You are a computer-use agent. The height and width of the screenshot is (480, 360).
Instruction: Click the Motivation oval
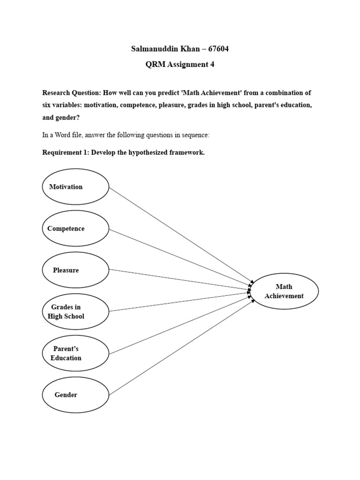point(75,187)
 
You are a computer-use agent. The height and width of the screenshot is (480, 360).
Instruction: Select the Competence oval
point(75,228)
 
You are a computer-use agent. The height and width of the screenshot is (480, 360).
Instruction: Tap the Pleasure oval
point(75,270)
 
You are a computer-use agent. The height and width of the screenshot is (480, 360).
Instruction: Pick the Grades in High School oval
point(75,311)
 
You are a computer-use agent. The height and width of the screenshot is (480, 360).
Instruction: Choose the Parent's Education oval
point(75,353)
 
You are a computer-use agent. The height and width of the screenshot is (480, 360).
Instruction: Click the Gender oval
point(75,395)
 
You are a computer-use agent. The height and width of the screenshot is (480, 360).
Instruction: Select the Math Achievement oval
point(285,291)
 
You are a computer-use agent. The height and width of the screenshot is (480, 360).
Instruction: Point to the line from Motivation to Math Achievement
point(180,234)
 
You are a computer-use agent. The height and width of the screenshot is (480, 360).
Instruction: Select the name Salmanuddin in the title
point(150,49)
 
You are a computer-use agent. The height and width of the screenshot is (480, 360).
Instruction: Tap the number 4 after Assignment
point(212,65)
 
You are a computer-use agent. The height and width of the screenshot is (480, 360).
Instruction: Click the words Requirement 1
point(68,152)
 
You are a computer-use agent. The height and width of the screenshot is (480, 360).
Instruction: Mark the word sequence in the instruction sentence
point(195,135)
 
